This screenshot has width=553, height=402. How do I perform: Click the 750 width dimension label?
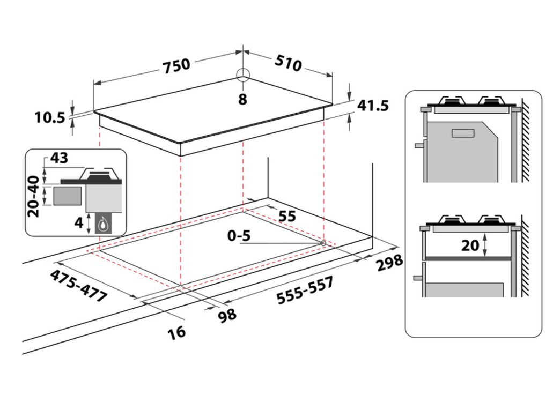176,66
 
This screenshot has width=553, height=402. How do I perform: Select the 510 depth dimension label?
288,63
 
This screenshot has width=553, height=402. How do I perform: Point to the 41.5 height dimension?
373,106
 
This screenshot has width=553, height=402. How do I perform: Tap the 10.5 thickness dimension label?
50,117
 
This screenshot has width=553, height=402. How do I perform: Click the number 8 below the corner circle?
242,99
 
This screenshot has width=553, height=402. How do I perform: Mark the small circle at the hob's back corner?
243,75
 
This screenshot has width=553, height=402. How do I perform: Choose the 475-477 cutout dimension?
78,286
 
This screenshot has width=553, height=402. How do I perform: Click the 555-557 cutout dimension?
305,291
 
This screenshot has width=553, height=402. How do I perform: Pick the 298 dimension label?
389,263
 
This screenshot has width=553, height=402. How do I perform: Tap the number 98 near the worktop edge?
227,316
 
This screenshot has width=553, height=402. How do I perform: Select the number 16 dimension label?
176,332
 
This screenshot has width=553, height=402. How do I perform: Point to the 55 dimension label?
287,216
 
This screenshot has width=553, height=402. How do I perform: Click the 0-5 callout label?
239,236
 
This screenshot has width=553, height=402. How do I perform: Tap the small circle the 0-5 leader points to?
323,243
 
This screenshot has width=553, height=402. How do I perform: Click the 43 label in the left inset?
59,158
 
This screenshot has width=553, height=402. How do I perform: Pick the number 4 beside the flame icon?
79,222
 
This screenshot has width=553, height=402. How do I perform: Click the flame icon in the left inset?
103,224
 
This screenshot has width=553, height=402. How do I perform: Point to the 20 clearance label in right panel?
470,245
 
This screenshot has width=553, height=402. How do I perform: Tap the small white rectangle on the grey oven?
463,133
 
